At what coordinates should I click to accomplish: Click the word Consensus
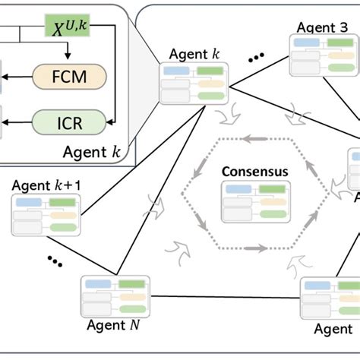point(254,172)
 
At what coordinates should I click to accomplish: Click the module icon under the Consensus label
point(254,201)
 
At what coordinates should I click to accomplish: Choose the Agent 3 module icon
point(318,53)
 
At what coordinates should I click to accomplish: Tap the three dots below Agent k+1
point(55,261)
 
